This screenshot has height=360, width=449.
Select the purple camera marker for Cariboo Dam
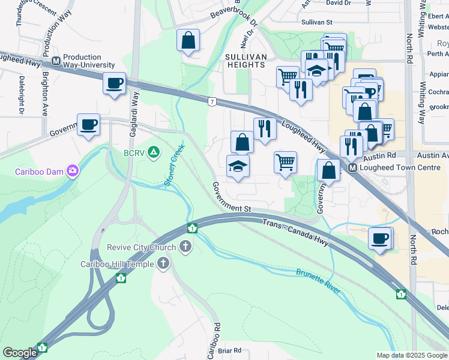(73, 172)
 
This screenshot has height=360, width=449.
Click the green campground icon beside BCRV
(154, 152)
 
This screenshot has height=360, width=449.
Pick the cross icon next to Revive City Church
(185, 247)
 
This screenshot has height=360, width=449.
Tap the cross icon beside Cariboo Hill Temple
(163, 264)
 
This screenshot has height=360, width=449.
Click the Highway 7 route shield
(212, 102)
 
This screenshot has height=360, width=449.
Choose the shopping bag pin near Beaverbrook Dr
(188, 41)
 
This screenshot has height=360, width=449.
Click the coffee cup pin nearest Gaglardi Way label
(113, 83)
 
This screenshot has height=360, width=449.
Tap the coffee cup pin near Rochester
(380, 238)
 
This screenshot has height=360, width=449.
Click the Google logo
(20, 353)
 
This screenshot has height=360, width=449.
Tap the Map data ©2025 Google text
(411, 355)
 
